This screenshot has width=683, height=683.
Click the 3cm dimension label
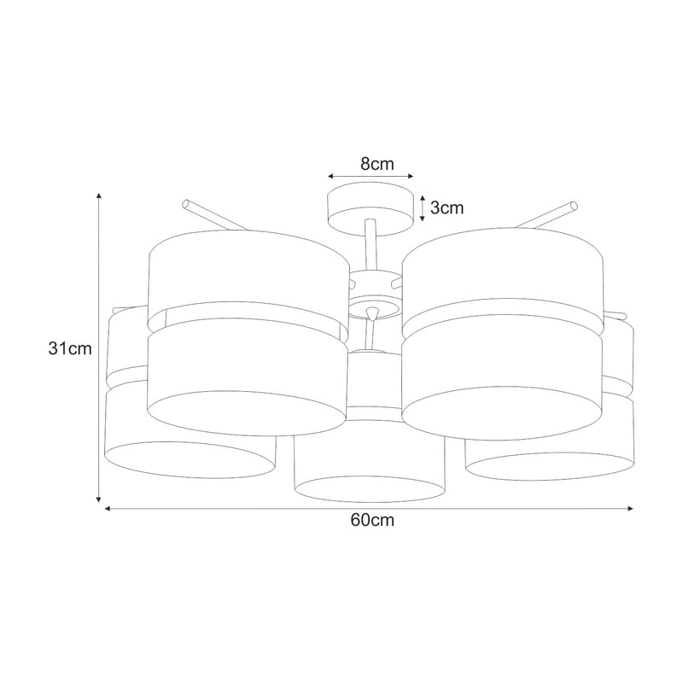click(445, 208)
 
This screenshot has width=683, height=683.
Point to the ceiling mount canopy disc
click(370, 208)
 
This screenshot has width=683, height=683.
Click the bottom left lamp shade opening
click(190, 458)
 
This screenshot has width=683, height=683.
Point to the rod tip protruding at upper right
click(573, 205)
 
